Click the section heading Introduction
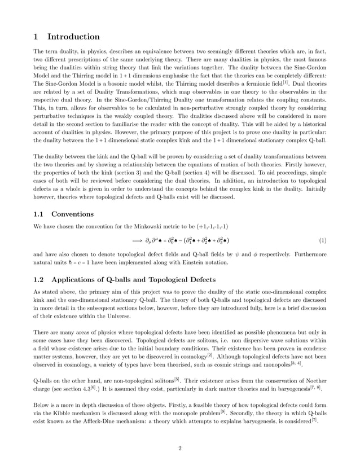click(x=73, y=37)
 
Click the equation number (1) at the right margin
click(x=322, y=240)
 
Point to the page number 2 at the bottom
click(x=180, y=448)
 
